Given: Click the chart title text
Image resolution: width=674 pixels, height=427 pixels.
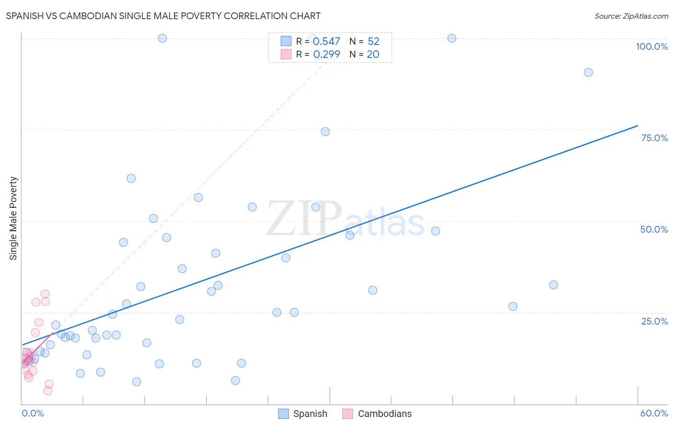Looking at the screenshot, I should click(x=163, y=16).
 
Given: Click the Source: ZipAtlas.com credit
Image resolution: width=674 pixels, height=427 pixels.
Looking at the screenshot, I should click(x=631, y=16).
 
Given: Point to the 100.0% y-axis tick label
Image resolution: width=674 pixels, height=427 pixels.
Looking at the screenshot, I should click(x=651, y=46).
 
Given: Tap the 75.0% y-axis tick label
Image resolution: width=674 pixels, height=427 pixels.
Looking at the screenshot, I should click(x=654, y=138).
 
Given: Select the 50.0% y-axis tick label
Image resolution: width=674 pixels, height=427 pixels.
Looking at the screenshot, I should click(x=654, y=229).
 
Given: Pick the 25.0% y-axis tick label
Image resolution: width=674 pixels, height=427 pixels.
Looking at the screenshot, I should click(x=654, y=321).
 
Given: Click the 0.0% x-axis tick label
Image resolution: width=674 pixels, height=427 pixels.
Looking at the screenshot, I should click(x=33, y=413).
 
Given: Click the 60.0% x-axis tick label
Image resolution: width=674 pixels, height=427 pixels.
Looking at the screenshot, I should click(x=654, y=413).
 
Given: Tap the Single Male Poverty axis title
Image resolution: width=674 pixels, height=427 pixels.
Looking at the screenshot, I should click(x=13, y=218).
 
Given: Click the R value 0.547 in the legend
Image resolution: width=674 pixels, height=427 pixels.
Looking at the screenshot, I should click(x=326, y=42).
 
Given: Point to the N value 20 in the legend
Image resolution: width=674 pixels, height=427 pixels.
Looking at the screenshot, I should click(x=373, y=55).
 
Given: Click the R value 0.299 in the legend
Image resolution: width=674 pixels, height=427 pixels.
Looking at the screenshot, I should click(x=326, y=55).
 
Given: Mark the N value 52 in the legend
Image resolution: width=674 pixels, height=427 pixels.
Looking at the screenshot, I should click(x=373, y=42).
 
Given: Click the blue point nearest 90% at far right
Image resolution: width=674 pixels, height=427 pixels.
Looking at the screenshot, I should click(x=588, y=72).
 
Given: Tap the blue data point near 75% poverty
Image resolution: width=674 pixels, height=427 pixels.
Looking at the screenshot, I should click(x=325, y=132).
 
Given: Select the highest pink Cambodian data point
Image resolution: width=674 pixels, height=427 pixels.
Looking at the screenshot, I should click(x=45, y=294).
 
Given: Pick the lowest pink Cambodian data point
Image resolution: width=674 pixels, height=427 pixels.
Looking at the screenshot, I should click(x=48, y=391).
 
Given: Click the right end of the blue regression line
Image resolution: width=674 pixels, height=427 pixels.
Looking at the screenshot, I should click(x=638, y=125).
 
